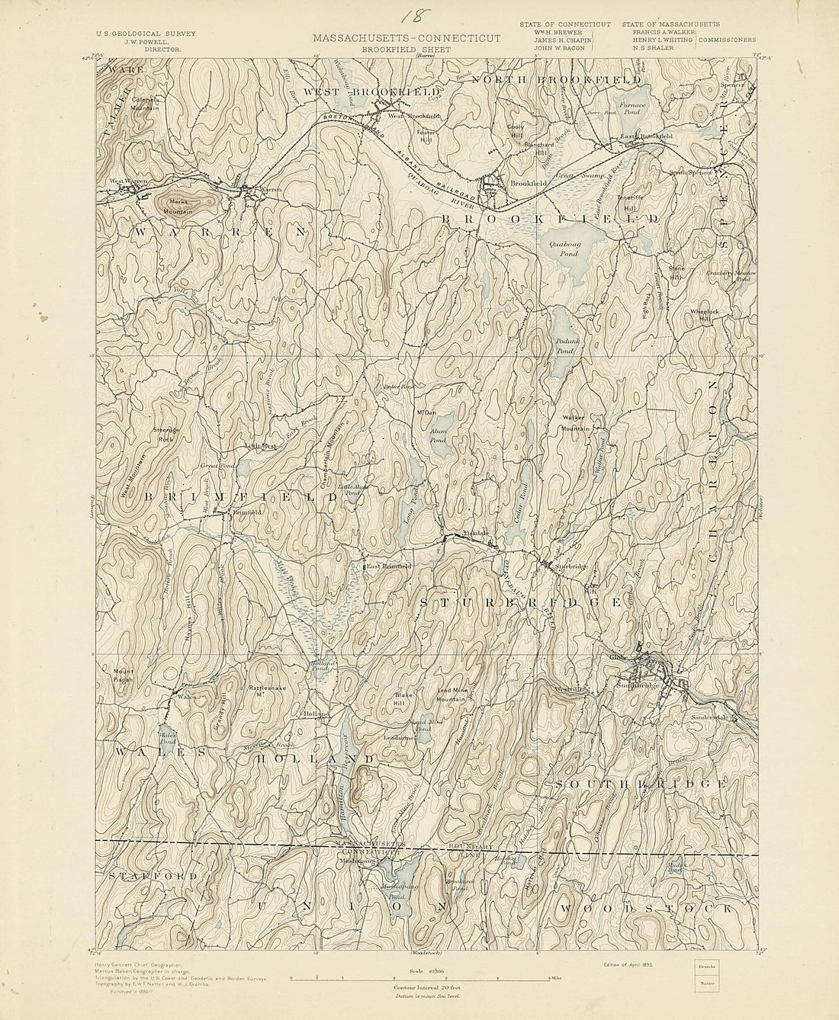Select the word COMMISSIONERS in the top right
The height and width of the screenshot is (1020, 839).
tap(726, 40)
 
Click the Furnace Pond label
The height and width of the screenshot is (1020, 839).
tap(632, 107)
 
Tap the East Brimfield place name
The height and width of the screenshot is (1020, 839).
tap(387, 566)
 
